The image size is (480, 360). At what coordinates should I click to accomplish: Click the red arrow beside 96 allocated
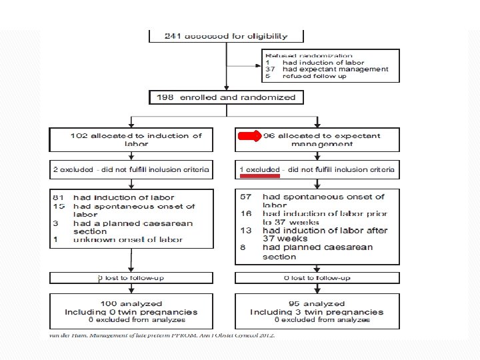click(x=249, y=136)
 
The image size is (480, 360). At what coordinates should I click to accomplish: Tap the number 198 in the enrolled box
click(x=165, y=97)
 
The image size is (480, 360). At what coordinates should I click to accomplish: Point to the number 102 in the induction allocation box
click(x=80, y=136)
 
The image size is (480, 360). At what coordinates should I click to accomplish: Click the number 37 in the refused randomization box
click(x=270, y=69)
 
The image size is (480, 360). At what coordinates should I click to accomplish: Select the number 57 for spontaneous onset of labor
click(x=245, y=197)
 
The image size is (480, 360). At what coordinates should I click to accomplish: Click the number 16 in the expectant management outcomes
click(x=245, y=214)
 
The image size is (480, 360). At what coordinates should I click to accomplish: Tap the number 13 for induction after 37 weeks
click(x=245, y=231)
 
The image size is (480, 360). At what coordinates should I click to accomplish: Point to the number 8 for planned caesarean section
click(x=243, y=247)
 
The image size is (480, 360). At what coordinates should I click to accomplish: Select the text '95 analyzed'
click(x=317, y=304)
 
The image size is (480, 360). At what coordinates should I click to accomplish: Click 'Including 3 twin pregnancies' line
click(x=317, y=312)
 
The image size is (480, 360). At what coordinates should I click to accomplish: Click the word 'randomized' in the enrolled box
click(x=270, y=97)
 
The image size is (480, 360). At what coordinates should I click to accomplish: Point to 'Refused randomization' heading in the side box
click(x=308, y=56)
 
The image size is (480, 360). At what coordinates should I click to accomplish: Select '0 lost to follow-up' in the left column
click(x=131, y=278)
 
